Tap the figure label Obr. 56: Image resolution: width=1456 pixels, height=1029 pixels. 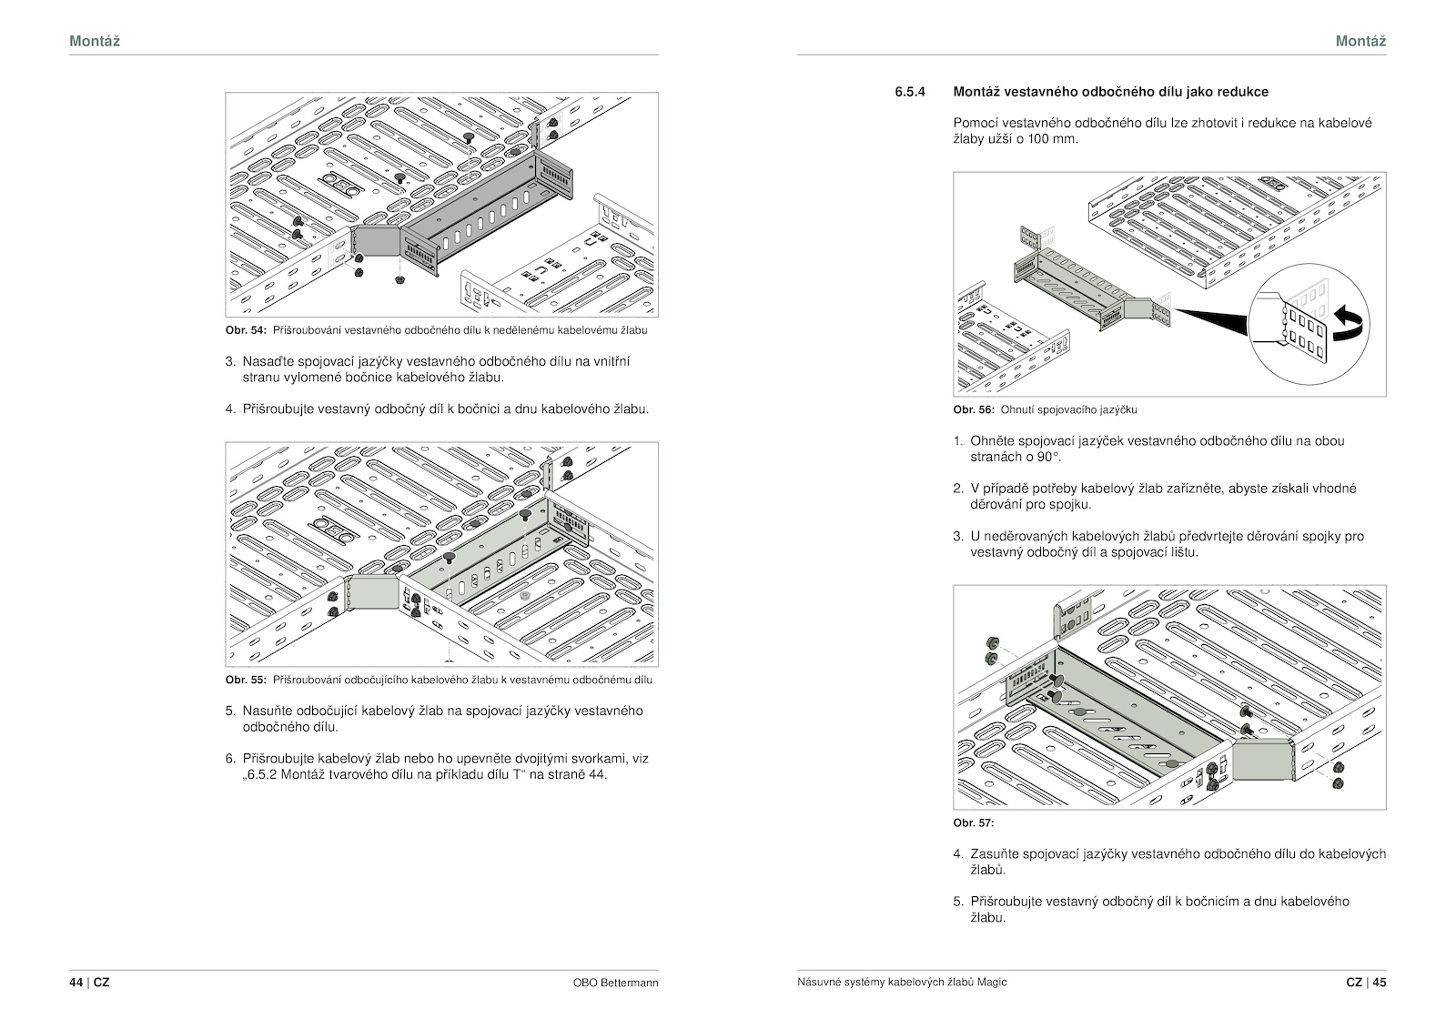(x=974, y=409)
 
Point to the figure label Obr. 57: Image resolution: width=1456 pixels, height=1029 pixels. (x=974, y=822)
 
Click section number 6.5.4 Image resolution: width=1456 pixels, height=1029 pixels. (x=909, y=92)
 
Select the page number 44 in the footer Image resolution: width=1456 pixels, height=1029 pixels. (x=76, y=983)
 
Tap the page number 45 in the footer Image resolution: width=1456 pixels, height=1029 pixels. (x=1380, y=983)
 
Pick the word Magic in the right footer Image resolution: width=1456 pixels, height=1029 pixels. (x=993, y=983)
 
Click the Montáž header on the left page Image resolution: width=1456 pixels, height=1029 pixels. (x=95, y=41)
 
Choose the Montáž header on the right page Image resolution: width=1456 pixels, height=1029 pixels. (x=1360, y=41)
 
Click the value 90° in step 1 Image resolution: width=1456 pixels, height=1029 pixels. (x=1047, y=457)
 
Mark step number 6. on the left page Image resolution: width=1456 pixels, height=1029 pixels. (x=230, y=759)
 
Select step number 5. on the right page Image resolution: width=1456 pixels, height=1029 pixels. (x=958, y=902)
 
